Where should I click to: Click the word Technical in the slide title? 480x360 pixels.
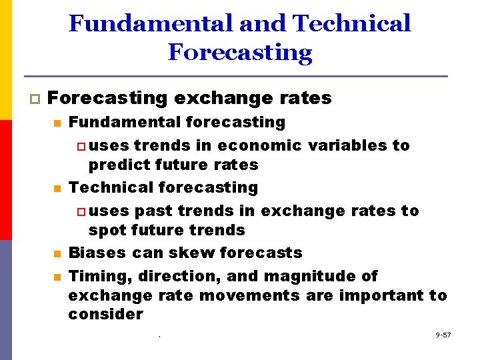coord(351,24)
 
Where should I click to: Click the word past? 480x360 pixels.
coord(153,211)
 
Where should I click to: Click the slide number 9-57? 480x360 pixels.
coord(442,335)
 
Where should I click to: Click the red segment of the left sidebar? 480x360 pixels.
coord(6,180)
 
